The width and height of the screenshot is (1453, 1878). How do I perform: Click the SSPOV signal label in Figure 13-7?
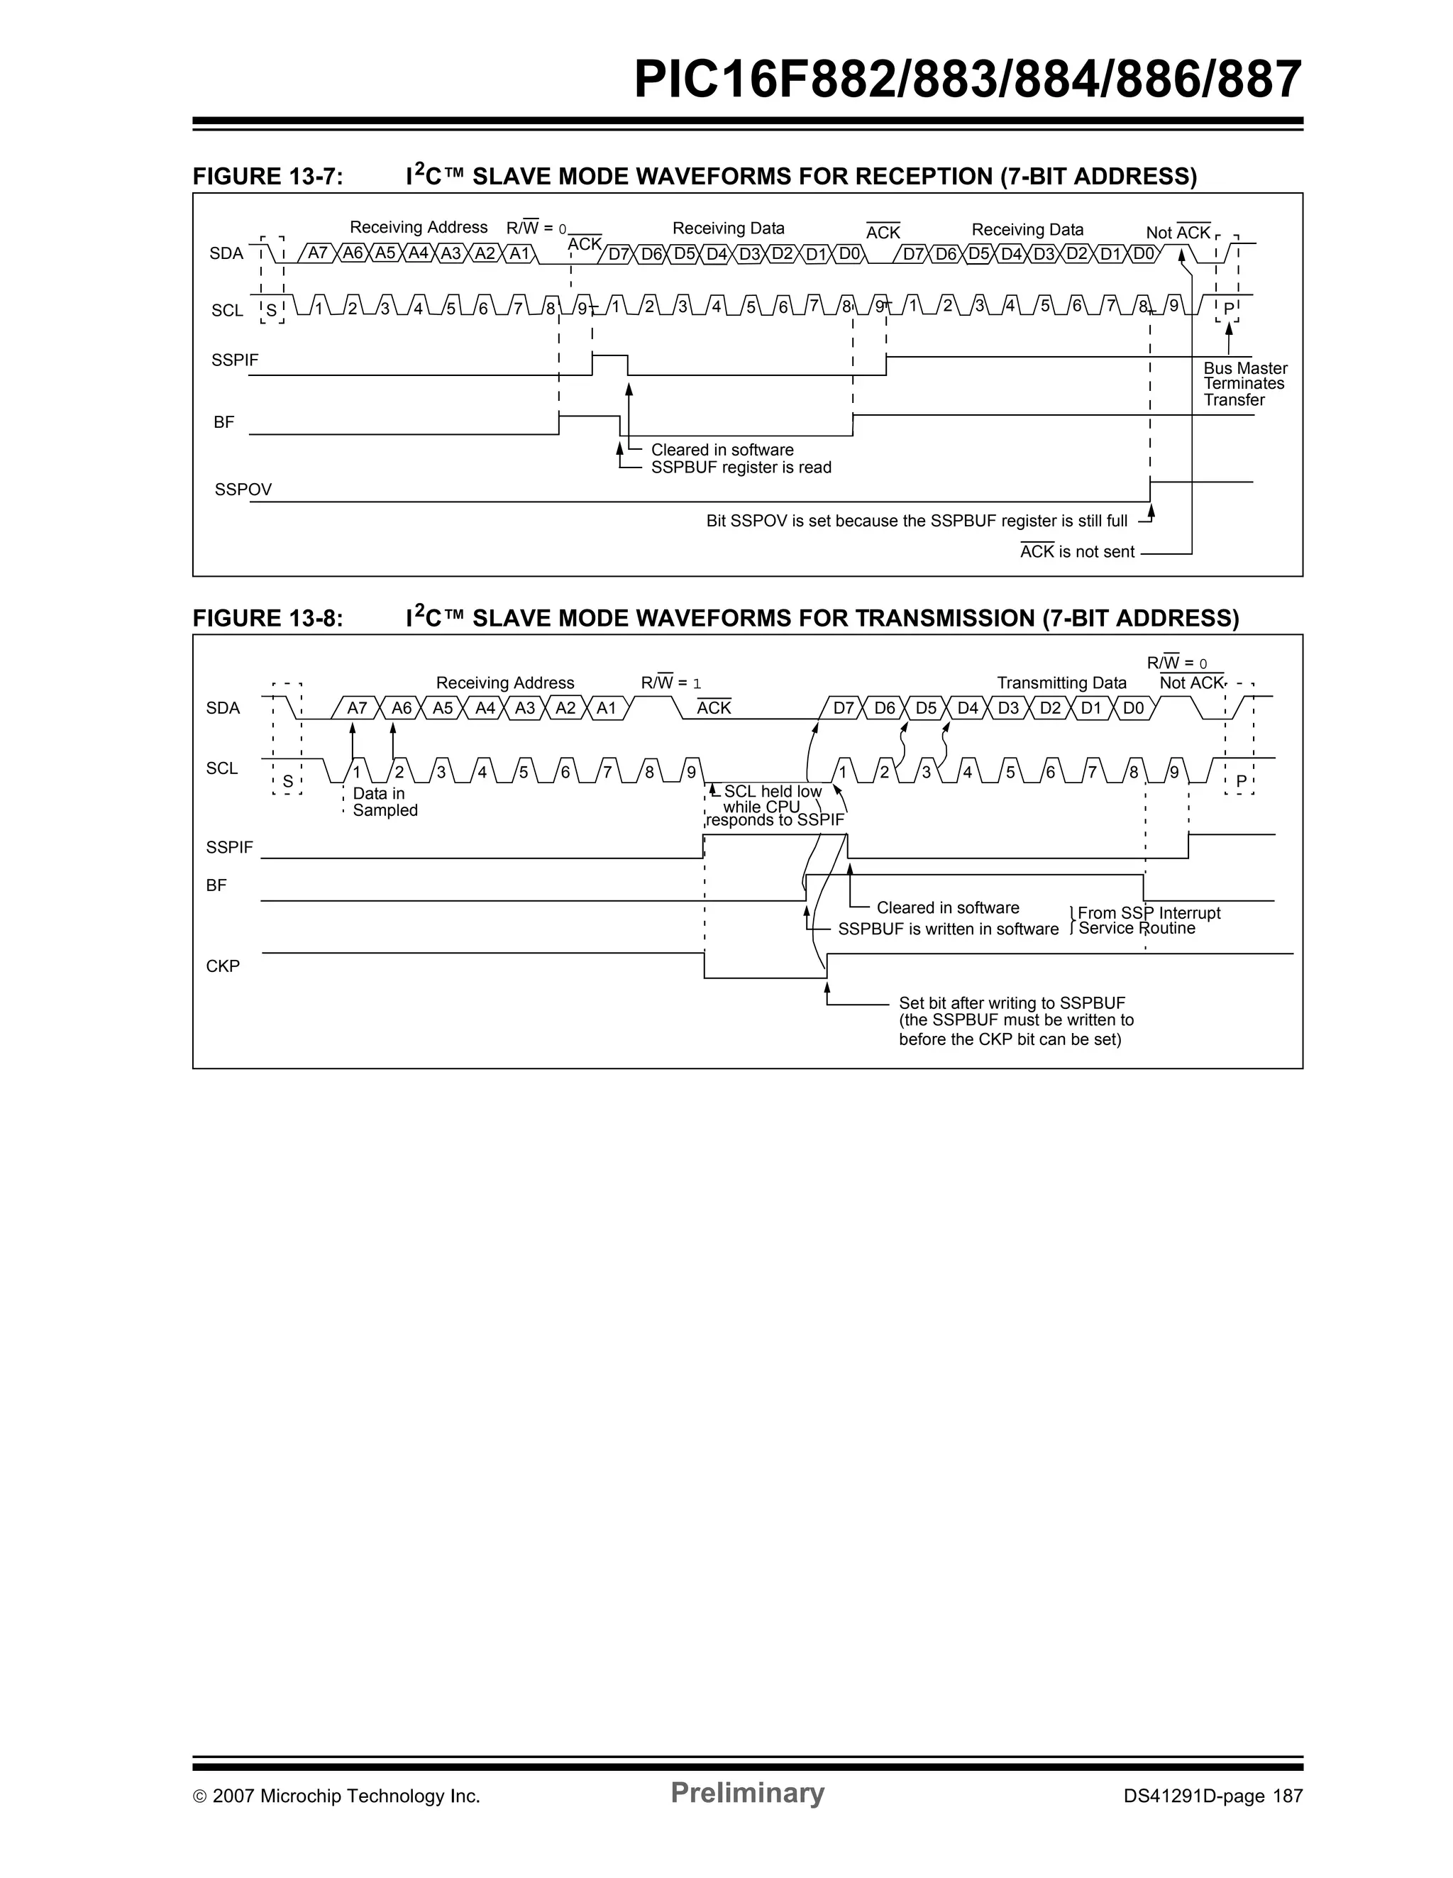[243, 490]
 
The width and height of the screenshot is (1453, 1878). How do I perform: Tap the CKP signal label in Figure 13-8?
[223, 966]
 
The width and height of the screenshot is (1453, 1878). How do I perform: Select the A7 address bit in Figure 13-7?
[317, 253]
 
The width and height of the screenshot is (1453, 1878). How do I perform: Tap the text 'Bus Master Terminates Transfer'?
[1244, 384]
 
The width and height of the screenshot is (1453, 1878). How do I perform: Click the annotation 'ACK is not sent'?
[1076, 552]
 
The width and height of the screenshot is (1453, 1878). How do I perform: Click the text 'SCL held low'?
[772, 791]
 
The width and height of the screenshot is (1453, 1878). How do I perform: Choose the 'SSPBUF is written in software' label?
[947, 929]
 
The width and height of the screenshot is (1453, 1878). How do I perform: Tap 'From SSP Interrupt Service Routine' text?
[1148, 920]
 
